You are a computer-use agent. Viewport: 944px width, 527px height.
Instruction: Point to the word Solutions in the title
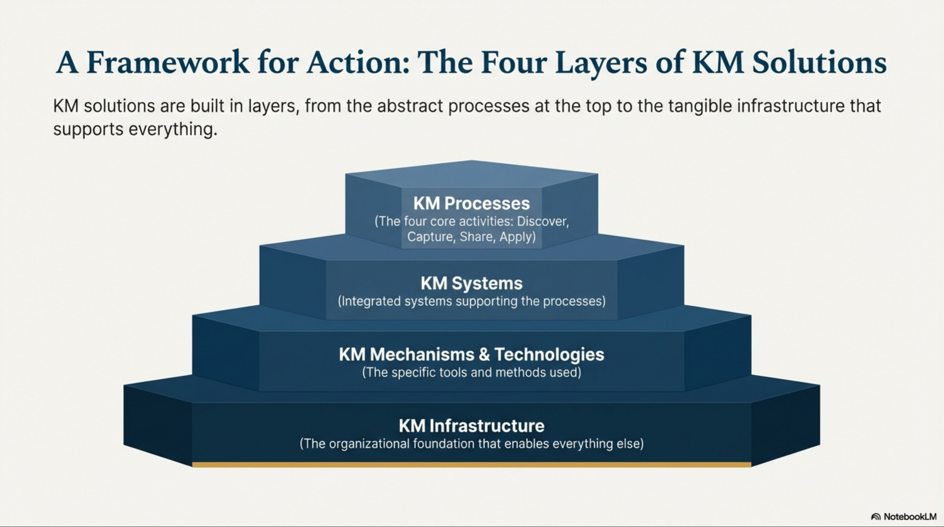click(x=820, y=63)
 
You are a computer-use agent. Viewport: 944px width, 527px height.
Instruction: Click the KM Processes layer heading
click(x=471, y=203)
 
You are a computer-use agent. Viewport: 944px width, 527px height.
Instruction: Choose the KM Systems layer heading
click(x=471, y=283)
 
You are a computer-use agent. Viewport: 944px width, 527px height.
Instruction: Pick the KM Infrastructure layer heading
click(x=471, y=426)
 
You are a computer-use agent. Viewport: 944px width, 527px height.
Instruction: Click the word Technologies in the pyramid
click(x=549, y=355)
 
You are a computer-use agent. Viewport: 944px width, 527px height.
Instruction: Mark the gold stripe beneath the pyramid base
click(x=471, y=465)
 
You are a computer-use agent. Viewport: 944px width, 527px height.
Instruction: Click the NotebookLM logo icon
click(x=875, y=517)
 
